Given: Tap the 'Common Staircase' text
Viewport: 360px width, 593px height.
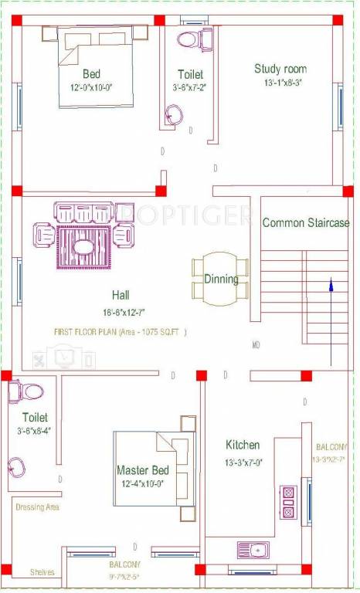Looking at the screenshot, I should [x=306, y=222].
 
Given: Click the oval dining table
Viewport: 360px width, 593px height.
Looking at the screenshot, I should [x=221, y=279].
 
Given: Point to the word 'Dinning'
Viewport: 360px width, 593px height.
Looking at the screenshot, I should [x=221, y=280].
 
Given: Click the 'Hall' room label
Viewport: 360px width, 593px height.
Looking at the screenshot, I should [x=121, y=295].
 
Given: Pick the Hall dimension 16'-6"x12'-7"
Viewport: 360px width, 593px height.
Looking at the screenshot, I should [x=121, y=313].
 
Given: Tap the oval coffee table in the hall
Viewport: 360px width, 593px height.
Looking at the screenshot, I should [x=83, y=247].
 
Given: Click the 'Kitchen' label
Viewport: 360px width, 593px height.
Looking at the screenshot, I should [x=243, y=445].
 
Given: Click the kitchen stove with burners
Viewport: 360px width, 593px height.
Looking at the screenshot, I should [x=287, y=500].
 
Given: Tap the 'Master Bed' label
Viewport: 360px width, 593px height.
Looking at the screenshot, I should [x=143, y=469].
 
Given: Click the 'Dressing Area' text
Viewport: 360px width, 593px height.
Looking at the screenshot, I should [x=37, y=507].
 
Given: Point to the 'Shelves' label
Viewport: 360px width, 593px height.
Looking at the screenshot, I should [x=42, y=572].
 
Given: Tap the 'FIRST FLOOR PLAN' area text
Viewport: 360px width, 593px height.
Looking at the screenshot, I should [x=120, y=332].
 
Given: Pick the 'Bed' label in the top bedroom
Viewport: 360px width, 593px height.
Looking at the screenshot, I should [x=91, y=74].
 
